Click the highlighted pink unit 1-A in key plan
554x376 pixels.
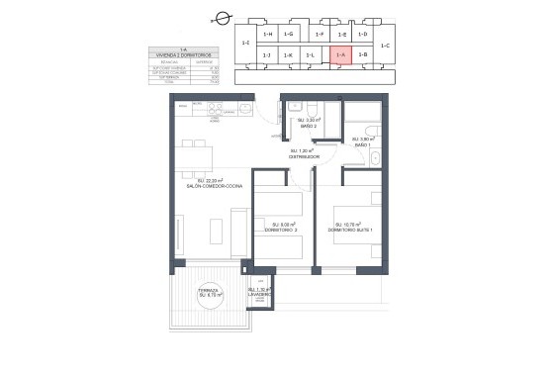point(339,55)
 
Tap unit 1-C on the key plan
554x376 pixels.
point(385,46)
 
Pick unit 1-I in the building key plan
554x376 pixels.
point(245,44)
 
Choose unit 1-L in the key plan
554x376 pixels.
point(311,55)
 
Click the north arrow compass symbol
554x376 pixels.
point(223,17)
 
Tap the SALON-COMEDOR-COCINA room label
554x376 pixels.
point(207,185)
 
